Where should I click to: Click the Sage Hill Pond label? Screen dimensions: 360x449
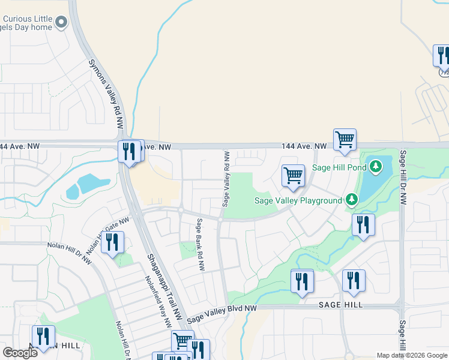[338, 167]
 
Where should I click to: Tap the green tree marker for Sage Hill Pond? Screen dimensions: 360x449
[376, 166]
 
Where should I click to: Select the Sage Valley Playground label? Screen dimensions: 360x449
[297, 200]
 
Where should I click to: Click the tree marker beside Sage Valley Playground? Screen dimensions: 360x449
[351, 200]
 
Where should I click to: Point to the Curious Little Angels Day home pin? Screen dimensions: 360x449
[61, 23]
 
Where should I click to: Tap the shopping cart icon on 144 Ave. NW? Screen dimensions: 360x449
[345, 140]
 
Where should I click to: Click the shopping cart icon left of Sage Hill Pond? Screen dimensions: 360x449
[293, 176]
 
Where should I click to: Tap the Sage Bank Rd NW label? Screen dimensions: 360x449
[200, 244]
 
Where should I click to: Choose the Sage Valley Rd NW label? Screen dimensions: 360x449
[226, 179]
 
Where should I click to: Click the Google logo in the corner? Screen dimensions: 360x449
[20, 353]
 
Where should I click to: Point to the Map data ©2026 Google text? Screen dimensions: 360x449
[412, 355]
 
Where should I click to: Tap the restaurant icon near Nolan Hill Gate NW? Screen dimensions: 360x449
[112, 242]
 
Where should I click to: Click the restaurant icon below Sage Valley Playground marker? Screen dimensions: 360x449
[363, 226]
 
